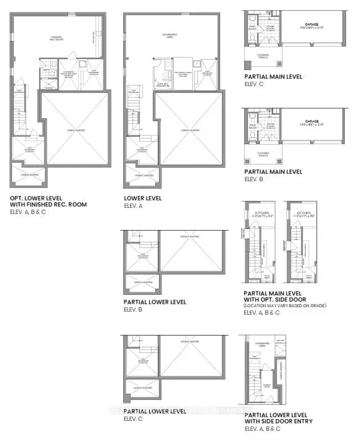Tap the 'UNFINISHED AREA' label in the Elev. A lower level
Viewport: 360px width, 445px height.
tap(169, 35)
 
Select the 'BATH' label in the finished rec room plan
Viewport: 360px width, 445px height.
tap(48, 71)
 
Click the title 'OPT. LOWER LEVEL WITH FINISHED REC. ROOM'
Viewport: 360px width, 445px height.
tap(48, 201)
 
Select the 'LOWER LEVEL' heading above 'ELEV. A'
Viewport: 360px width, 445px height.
tap(143, 198)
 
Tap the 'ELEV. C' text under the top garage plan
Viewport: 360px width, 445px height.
tap(254, 83)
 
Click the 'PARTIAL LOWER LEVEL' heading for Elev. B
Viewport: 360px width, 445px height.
tap(155, 302)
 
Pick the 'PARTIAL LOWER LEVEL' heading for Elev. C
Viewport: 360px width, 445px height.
tap(155, 411)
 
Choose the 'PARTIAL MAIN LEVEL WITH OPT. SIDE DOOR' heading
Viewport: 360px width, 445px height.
tap(274, 296)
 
